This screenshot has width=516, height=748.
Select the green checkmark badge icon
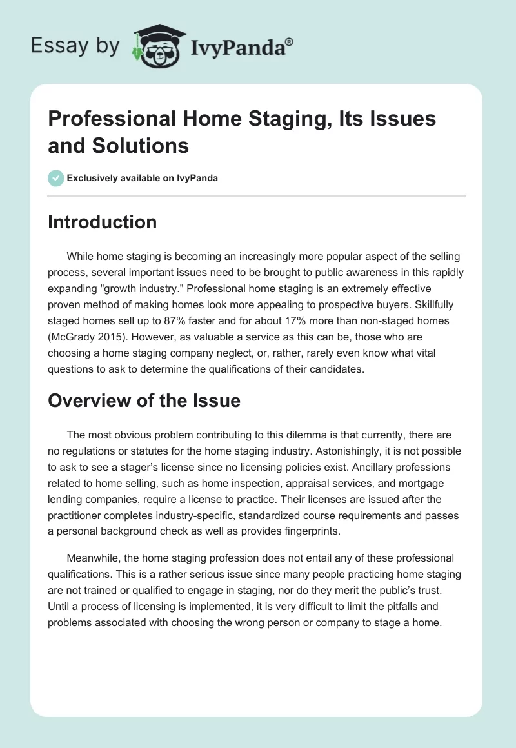(x=55, y=178)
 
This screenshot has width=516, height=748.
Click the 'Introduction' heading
(x=102, y=222)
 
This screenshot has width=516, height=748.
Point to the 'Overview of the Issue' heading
(x=144, y=401)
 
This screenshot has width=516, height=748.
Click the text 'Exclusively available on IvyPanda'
(x=143, y=178)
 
